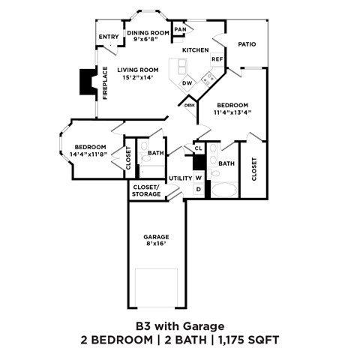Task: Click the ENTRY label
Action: click(109, 37)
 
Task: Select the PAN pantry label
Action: click(180, 29)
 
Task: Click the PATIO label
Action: click(247, 44)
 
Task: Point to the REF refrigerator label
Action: click(217, 59)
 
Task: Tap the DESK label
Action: click(189, 106)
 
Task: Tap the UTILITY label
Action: click(180, 178)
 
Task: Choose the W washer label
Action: click(199, 178)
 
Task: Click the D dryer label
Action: click(199, 189)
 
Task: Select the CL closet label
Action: click(198, 148)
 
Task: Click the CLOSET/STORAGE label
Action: click(146, 190)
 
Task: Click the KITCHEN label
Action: click(195, 50)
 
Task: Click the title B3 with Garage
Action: click(179, 326)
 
